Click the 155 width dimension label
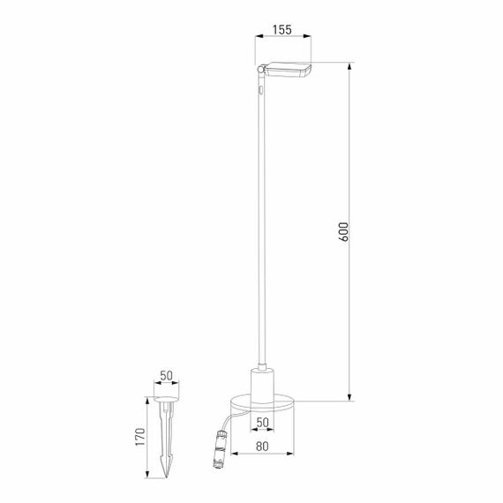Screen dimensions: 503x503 click(282, 29)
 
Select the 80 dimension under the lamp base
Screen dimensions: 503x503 click(261, 446)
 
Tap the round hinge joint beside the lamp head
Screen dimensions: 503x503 click(259, 70)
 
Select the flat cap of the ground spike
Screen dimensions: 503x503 click(167, 402)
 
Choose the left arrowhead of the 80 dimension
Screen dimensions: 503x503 click(230, 454)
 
